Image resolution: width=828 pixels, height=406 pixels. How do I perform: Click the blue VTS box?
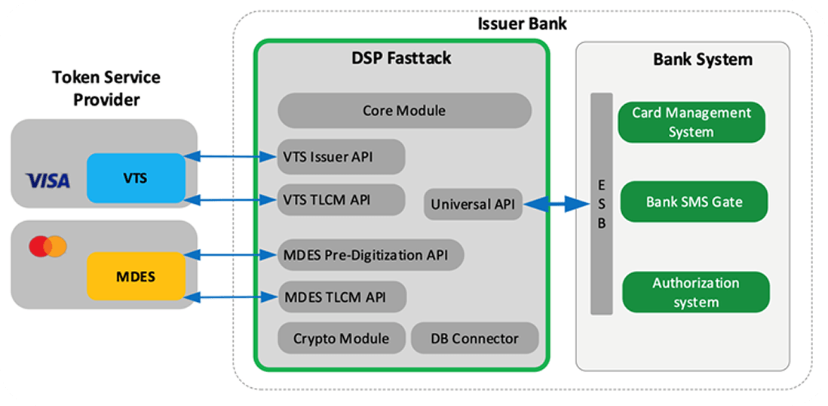click(x=136, y=177)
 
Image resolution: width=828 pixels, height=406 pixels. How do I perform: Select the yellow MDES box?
click(x=136, y=276)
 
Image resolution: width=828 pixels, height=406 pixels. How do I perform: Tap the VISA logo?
click(x=48, y=180)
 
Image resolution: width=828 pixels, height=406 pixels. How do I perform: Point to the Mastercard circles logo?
click(x=48, y=246)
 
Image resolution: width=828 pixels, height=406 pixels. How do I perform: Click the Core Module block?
click(x=404, y=111)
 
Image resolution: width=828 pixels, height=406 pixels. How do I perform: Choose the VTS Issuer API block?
click(x=341, y=157)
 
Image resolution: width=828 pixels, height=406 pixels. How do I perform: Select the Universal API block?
click(x=473, y=204)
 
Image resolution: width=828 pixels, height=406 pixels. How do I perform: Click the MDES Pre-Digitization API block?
click(x=370, y=255)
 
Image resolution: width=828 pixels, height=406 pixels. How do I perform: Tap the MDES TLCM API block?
click(x=342, y=297)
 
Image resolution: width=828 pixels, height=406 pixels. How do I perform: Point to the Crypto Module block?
click(x=342, y=338)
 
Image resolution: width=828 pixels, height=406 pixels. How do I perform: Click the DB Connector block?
click(x=474, y=338)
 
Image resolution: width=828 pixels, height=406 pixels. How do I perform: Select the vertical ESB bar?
click(x=602, y=204)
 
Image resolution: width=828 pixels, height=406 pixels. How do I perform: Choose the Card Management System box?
click(x=692, y=122)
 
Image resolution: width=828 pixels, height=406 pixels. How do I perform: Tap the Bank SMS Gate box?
click(x=694, y=201)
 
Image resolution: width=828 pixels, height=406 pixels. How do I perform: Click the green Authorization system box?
click(x=695, y=292)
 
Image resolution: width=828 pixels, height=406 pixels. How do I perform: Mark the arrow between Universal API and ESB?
click(x=557, y=204)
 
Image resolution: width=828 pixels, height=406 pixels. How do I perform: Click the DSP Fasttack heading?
click(x=401, y=58)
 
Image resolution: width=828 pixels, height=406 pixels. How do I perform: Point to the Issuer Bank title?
click(x=522, y=23)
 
